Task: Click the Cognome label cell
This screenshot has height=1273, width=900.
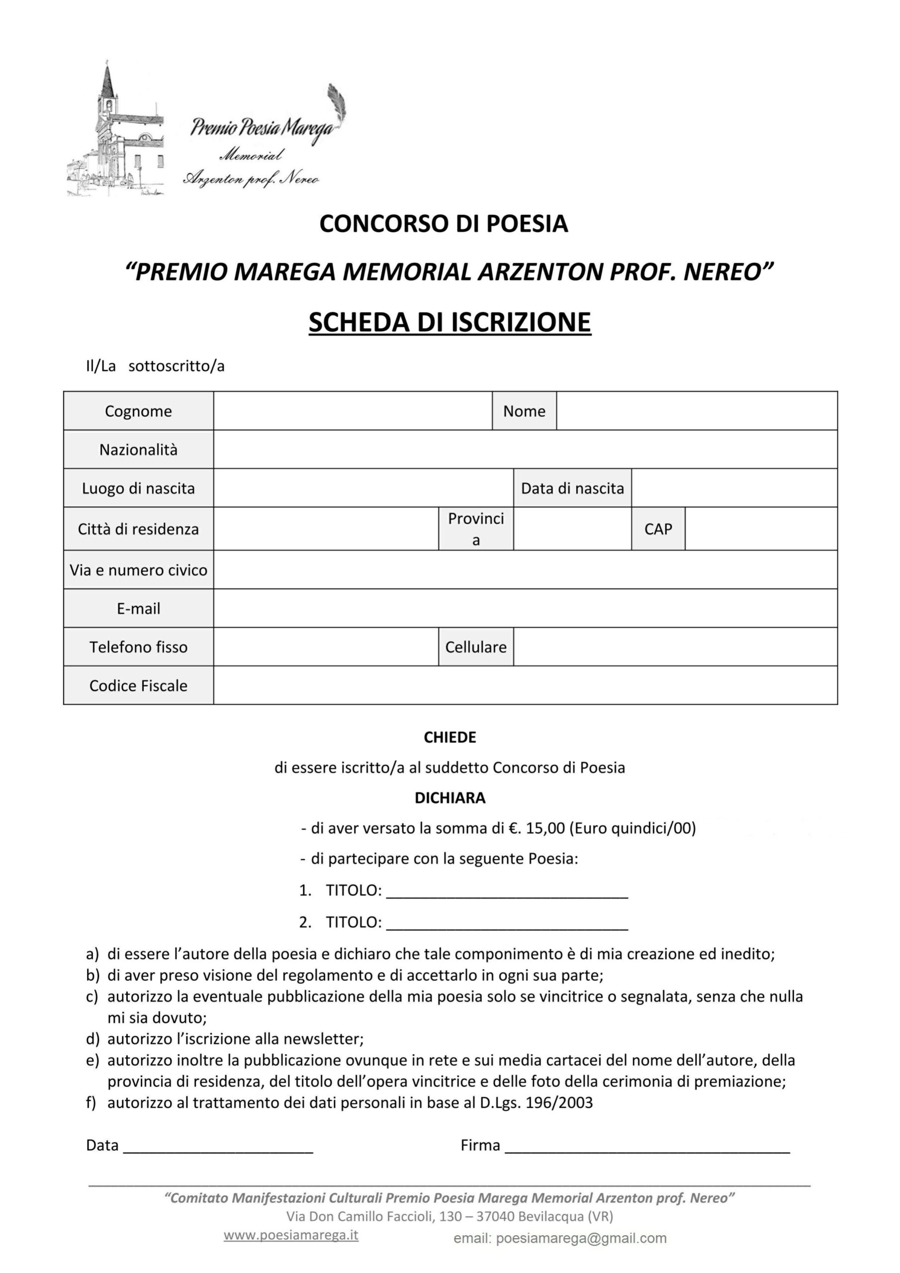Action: click(x=138, y=411)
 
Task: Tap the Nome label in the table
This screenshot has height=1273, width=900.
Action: click(x=524, y=411)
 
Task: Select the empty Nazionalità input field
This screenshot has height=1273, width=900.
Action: click(x=525, y=450)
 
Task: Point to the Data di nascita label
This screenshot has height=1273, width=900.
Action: click(x=572, y=488)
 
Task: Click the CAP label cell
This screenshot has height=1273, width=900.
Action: click(x=658, y=529)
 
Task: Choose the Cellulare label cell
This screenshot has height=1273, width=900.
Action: click(x=476, y=647)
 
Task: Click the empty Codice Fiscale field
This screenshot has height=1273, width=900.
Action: click(x=525, y=686)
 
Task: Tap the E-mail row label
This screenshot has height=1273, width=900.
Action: click(x=138, y=609)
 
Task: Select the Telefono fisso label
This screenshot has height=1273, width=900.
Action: click(x=138, y=647)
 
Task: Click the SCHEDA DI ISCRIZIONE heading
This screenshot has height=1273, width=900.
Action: click(x=450, y=322)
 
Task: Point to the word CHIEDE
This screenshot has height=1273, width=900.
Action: click(x=450, y=737)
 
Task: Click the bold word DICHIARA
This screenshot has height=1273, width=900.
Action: click(x=450, y=798)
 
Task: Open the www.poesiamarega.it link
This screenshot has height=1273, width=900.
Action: click(x=291, y=1235)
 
